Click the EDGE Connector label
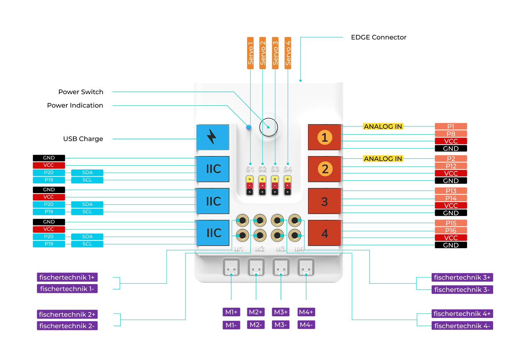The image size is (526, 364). click(x=378, y=37)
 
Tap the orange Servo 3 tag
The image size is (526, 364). click(x=275, y=53)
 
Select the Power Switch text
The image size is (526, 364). click(x=81, y=92)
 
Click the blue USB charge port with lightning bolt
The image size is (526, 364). click(x=212, y=137)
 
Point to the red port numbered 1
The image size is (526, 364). click(x=324, y=137)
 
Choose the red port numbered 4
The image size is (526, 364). click(x=324, y=233)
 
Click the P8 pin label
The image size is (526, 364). click(x=451, y=134)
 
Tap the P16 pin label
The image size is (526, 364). click(x=451, y=230)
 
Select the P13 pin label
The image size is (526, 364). click(x=451, y=191)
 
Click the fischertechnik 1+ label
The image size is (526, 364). click(x=67, y=277)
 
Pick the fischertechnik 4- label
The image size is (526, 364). click(x=462, y=326)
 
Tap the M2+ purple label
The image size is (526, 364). click(x=255, y=312)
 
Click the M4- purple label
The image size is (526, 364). click(x=306, y=325)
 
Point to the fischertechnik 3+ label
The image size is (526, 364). click(x=462, y=277)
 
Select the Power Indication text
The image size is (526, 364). click(x=75, y=105)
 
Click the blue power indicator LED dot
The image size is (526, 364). click(x=249, y=127)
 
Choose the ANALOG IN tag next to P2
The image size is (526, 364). click(x=383, y=159)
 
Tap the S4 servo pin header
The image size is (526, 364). click(x=288, y=186)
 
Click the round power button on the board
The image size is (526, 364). click(x=269, y=127)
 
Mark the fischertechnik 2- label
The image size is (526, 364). click(x=67, y=326)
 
